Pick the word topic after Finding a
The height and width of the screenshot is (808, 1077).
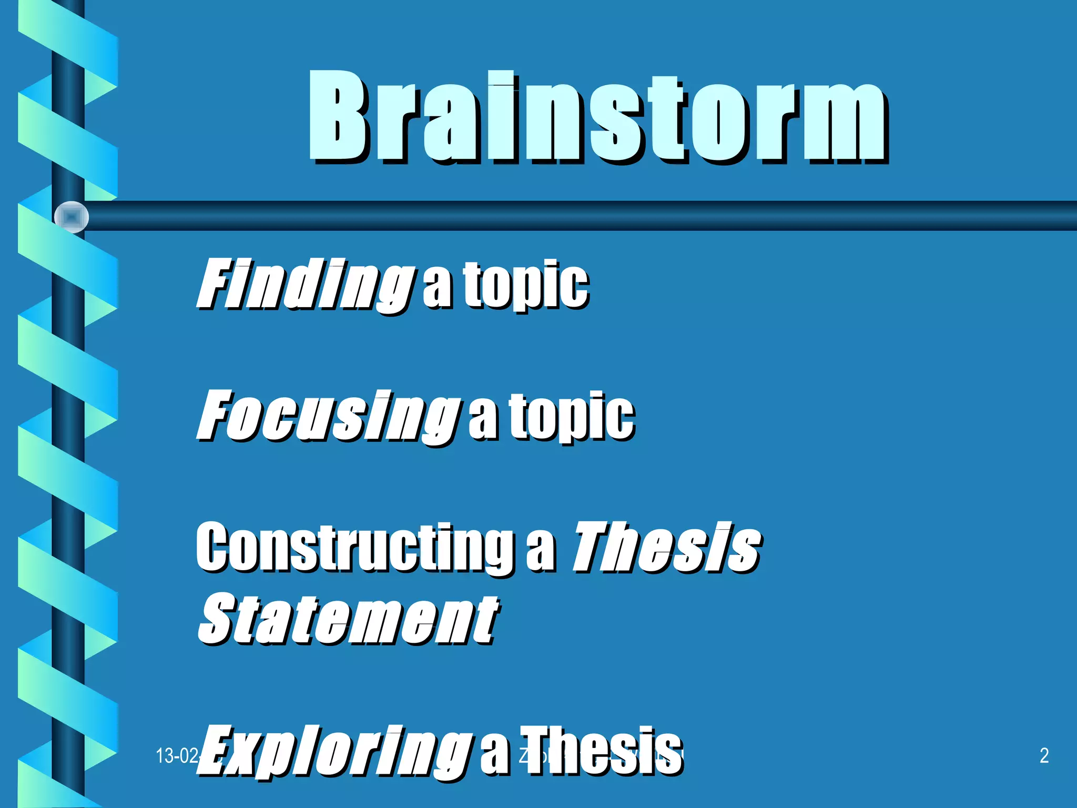pos(526,285)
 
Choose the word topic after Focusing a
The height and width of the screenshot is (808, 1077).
pos(572,418)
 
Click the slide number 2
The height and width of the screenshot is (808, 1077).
pos(1044,755)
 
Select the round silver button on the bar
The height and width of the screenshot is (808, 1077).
pos(72,217)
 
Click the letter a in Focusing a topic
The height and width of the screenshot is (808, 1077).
pos(483,421)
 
